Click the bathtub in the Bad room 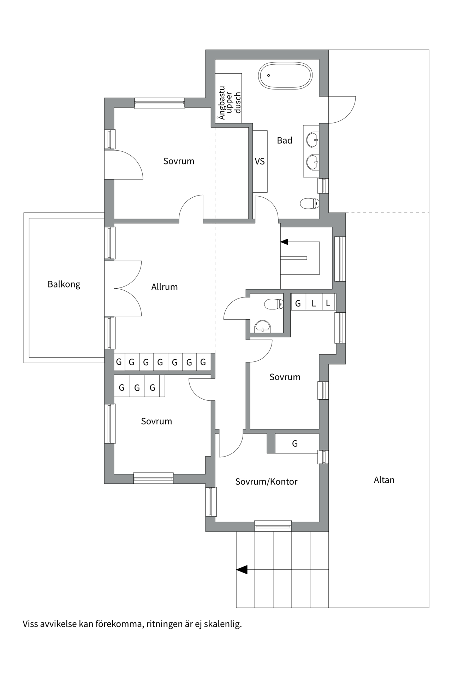coord(285,75)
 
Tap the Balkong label coord(64,284)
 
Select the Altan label coord(384,480)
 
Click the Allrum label coord(165,287)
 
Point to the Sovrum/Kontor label coord(267,482)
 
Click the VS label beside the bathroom coord(260,161)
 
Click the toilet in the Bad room coord(310,203)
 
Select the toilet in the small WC coord(274,304)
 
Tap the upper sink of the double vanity coord(313,140)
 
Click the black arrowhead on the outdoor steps coord(242,570)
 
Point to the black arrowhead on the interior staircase coord(284,242)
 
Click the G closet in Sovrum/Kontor coord(295,443)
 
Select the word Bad coord(285,140)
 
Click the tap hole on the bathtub coord(269,75)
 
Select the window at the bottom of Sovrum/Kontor coord(273,526)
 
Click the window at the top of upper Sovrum coord(160,103)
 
